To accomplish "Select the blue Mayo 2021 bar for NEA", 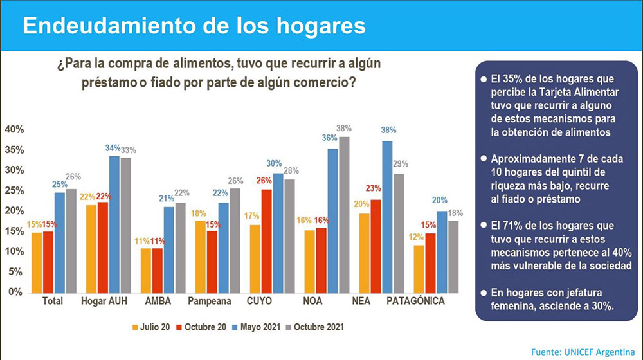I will (x=387, y=216).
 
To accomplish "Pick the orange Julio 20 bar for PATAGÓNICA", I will (x=419, y=268).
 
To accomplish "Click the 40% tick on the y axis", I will (x=14, y=129).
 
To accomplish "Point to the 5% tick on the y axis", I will (x=17, y=271).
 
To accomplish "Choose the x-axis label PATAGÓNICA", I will (x=415, y=301).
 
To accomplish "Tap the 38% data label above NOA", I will (x=345, y=127).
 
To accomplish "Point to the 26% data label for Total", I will (x=72, y=177).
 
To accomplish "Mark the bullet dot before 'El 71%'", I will (x=483, y=226).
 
